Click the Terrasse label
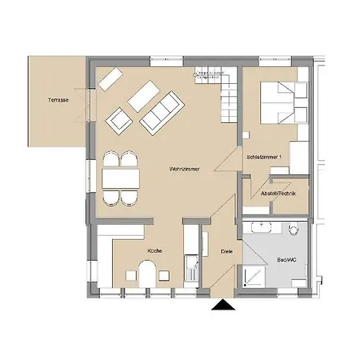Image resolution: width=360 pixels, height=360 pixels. click(57, 100)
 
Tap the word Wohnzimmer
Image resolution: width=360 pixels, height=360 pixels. click(184, 169)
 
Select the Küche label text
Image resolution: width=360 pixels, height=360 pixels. click(154, 251)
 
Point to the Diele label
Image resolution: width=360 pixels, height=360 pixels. click(226, 252)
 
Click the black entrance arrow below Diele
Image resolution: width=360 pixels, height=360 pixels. click(222, 306)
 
